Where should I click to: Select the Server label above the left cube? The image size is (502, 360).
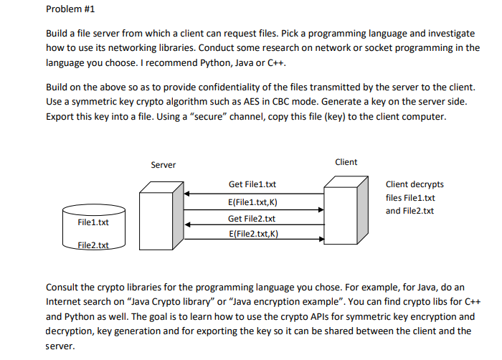pyautogui.click(x=163, y=165)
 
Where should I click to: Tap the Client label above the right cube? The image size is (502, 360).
pyautogui.click(x=346, y=162)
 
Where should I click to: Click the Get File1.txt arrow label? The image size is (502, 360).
pyautogui.click(x=252, y=184)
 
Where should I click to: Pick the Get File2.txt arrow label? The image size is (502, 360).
pyautogui.click(x=252, y=218)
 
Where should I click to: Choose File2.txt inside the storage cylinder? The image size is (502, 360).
pyautogui.click(x=93, y=245)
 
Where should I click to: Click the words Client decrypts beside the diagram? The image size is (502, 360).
pyautogui.click(x=414, y=184)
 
